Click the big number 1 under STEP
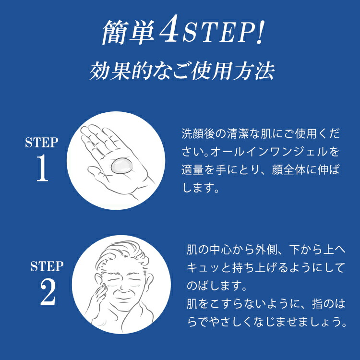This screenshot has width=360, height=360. (x=42, y=168)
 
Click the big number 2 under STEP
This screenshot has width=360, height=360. (x=48, y=292)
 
